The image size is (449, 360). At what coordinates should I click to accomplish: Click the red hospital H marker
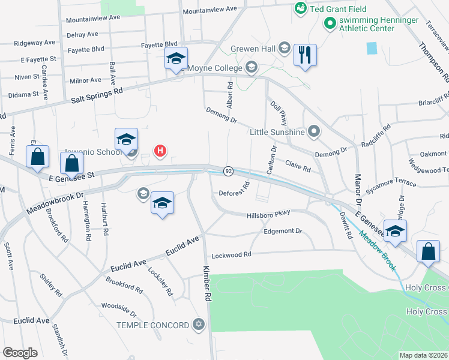[160, 151]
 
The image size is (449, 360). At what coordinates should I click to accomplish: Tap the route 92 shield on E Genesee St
[228, 171]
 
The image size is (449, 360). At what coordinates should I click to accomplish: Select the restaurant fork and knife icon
[305, 55]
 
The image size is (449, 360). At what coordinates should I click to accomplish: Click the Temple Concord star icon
[199, 325]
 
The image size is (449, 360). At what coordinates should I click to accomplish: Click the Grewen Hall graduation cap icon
[284, 47]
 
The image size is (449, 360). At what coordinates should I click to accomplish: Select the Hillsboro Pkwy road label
[268, 214]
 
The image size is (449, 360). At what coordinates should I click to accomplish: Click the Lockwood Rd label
[231, 254]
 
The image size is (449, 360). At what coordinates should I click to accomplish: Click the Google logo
[20, 353]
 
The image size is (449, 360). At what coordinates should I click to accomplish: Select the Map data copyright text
[423, 355]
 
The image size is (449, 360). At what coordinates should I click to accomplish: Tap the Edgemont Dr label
[282, 231]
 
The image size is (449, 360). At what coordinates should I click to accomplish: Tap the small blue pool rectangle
[372, 48]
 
